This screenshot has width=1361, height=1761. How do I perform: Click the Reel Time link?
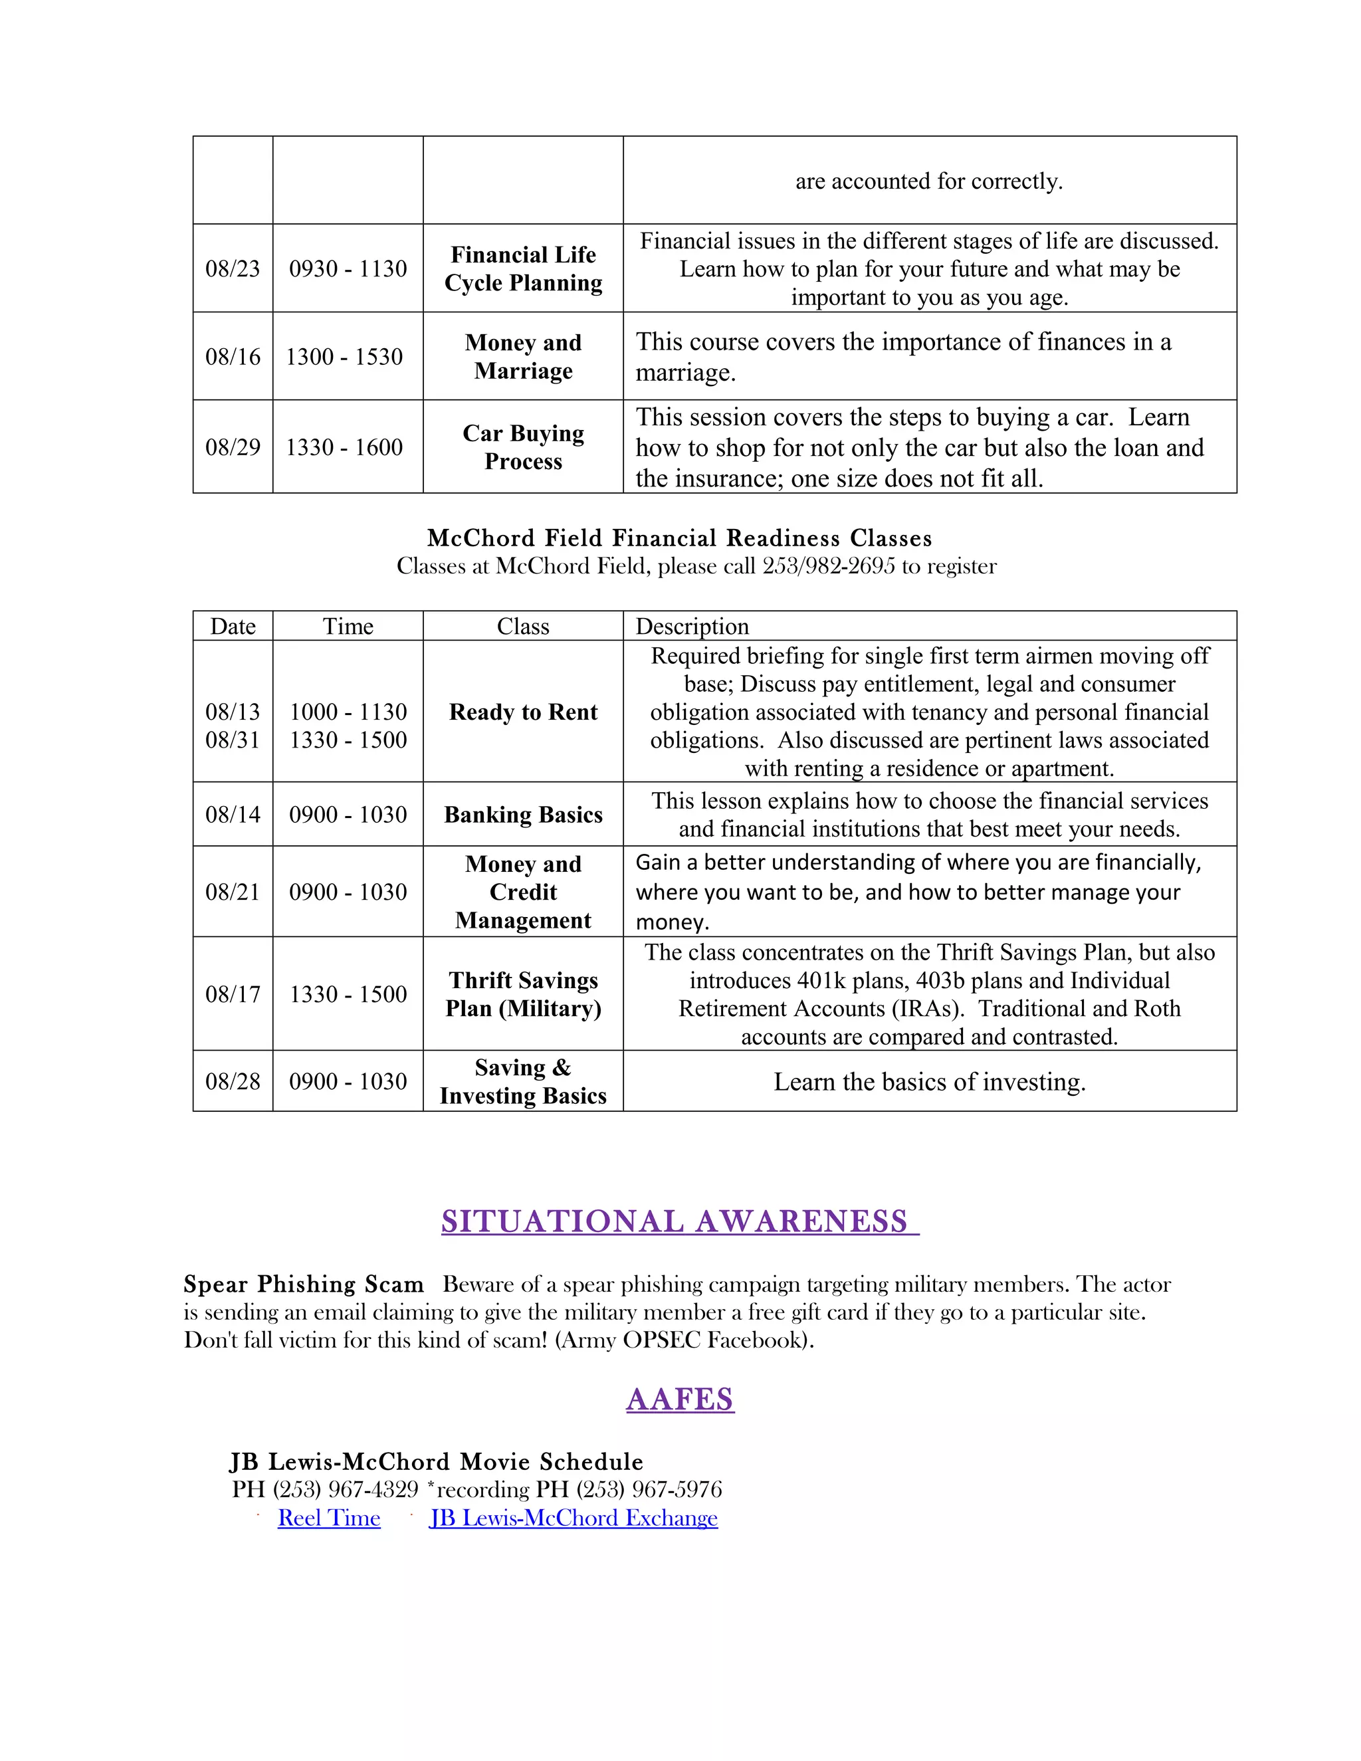[328, 1518]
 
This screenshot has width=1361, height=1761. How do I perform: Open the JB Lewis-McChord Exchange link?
[574, 1518]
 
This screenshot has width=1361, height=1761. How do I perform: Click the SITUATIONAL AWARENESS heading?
[679, 1221]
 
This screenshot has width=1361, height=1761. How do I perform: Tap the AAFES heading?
[680, 1399]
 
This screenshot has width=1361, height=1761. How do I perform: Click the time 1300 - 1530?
[344, 356]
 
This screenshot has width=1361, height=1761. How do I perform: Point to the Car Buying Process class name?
[523, 447]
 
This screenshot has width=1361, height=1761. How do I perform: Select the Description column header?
[692, 627]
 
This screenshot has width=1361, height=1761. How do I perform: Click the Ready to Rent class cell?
[523, 712]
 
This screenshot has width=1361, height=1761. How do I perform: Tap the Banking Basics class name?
[523, 815]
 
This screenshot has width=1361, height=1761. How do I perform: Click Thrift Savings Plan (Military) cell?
[523, 994]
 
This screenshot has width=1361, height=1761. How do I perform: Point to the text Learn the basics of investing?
[929, 1081]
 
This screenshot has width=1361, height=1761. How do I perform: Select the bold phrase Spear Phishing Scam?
[303, 1284]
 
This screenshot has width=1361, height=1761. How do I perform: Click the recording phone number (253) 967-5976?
[649, 1489]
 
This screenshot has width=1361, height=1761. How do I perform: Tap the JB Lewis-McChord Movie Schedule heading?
[436, 1461]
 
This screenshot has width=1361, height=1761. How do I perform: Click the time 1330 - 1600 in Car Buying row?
[344, 447]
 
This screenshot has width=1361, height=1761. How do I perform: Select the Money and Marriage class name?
[523, 356]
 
